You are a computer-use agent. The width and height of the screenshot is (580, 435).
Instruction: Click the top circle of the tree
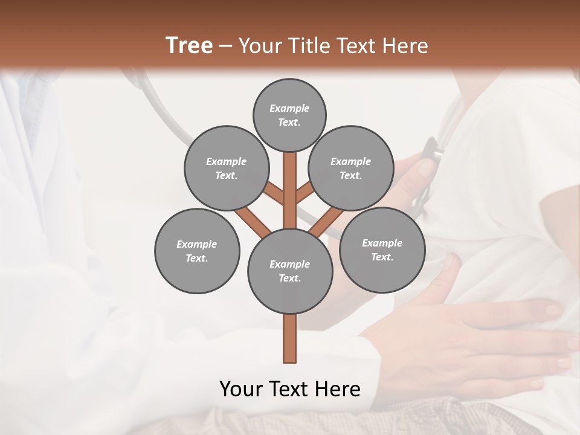tap(289, 115)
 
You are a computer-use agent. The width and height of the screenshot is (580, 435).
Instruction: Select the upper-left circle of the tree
tap(226, 169)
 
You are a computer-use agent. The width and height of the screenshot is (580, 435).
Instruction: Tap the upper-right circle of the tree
tap(351, 169)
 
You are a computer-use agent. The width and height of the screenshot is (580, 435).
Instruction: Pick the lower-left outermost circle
tap(197, 251)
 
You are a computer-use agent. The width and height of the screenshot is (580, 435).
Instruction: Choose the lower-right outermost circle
tap(382, 250)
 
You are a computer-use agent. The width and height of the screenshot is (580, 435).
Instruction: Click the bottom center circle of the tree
tap(290, 271)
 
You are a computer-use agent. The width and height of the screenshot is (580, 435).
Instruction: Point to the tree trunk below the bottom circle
tap(290, 338)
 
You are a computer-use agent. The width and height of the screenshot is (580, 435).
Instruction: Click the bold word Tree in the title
tap(189, 45)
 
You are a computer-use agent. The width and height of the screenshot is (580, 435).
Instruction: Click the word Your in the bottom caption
tap(241, 389)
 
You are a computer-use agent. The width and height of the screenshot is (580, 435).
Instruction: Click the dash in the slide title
tap(226, 46)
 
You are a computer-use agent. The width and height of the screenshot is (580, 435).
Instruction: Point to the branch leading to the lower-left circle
tap(252, 220)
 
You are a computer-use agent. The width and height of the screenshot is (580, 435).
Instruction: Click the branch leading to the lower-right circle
tap(327, 220)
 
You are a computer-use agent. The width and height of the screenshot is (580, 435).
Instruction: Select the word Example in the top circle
tap(289, 109)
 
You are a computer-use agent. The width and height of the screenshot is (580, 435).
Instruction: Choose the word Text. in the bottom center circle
tap(289, 279)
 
